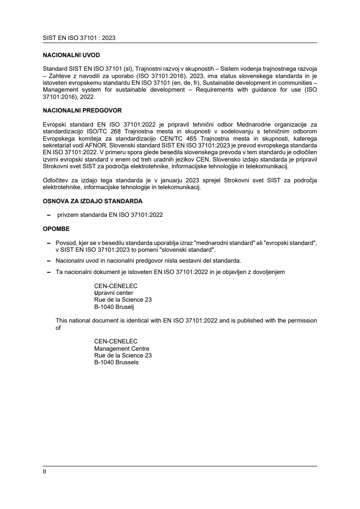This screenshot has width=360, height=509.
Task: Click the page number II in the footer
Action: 44,471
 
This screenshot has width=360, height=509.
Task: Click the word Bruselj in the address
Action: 119,306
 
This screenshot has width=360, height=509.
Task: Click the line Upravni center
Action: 113,293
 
